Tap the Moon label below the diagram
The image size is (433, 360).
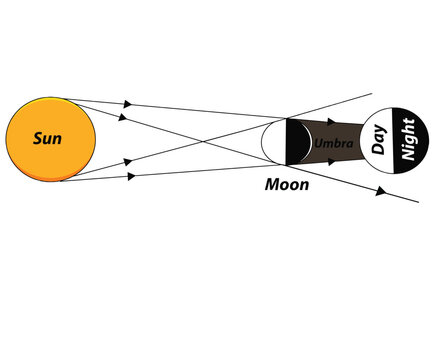point(287,186)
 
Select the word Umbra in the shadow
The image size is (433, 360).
point(332,145)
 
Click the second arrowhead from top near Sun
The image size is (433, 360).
point(124,117)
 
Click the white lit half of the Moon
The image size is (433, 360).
point(273,141)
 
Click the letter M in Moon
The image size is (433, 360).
point(271,186)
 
